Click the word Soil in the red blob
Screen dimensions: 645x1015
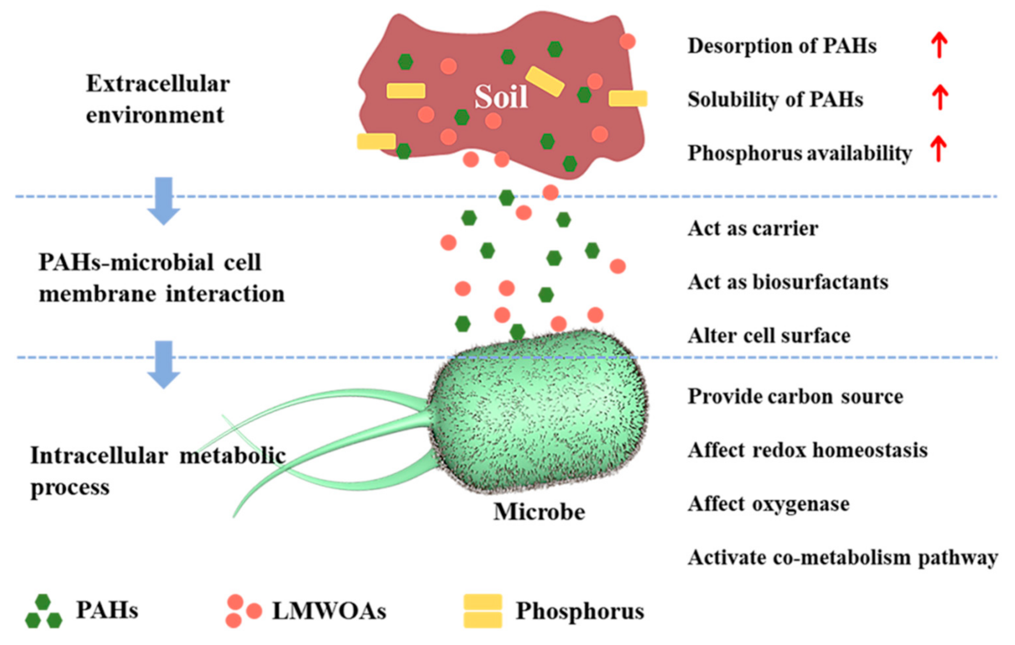501,97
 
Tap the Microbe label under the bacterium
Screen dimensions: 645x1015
539,512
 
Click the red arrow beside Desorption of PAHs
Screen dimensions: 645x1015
939,46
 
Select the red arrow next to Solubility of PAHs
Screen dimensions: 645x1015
939,97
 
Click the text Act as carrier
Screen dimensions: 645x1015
753,229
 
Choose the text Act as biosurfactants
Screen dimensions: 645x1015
788,282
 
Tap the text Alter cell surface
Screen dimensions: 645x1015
769,336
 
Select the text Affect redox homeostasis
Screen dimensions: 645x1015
808,450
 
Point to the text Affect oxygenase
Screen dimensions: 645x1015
768,504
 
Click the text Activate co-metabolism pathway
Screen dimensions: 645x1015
843,557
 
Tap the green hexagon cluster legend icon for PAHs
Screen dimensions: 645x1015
44,612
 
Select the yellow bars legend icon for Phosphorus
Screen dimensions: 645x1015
483,611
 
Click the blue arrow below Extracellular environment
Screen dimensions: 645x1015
164,200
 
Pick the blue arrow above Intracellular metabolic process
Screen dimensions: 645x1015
164,364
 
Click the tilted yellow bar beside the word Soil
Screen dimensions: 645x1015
545,81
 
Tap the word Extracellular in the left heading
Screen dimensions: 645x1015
158,84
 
